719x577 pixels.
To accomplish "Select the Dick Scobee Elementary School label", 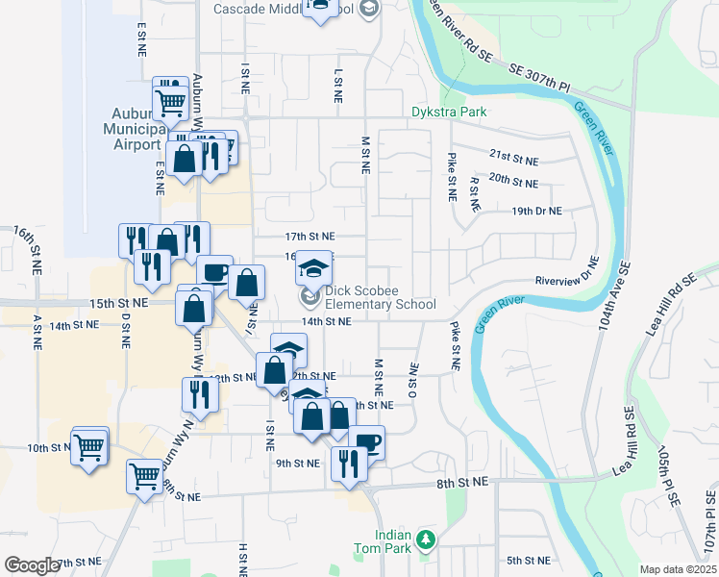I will coord(379,298).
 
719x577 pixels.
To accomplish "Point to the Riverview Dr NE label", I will coord(568,275).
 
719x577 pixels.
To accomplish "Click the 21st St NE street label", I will coord(512,154).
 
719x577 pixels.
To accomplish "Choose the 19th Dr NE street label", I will coord(536,210).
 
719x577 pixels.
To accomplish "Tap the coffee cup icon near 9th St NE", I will coord(368,442).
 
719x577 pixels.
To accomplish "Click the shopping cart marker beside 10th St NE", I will coord(89,446).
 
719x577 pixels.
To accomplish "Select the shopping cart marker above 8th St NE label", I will coord(144,475).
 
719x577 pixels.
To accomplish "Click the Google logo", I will coord(32,565).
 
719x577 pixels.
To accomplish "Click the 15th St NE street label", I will coord(118,303).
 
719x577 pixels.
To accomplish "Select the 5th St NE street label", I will coord(529,560).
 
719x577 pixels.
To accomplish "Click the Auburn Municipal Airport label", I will coord(135,128).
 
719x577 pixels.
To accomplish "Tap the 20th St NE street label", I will coord(512,180).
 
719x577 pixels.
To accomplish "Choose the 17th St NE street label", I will coord(310,236).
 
